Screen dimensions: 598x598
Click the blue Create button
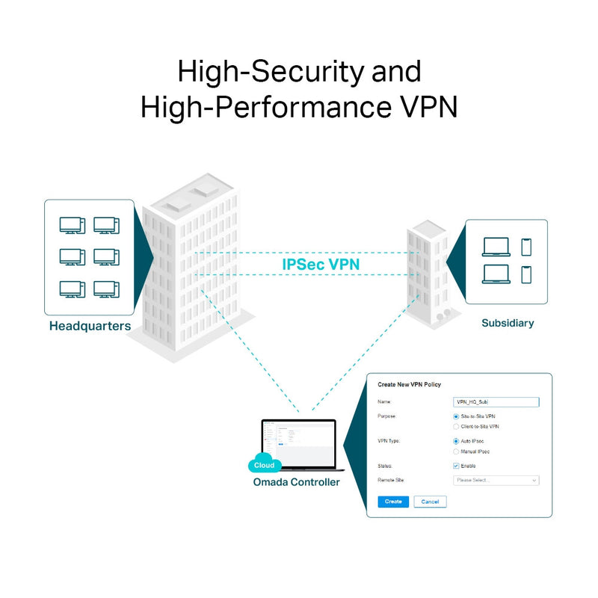[393, 502]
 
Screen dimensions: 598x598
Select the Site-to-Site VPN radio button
[456, 416]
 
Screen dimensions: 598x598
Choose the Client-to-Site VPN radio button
[456, 426]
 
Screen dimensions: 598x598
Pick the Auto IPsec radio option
[456, 441]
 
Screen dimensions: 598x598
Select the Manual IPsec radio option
[456, 451]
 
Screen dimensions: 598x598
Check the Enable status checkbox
[456, 466]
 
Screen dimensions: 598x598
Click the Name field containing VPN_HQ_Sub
[496, 402]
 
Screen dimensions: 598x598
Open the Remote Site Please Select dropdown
[496, 481]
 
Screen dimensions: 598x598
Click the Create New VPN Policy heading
[409, 385]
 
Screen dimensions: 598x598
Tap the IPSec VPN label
[321, 264]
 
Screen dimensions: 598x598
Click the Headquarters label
[90, 327]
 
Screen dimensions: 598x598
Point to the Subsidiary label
[508, 324]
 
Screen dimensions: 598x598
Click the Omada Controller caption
[296, 482]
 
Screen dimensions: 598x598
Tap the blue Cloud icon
[264, 463]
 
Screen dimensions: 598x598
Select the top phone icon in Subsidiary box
[526, 247]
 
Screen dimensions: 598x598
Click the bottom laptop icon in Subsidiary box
[496, 274]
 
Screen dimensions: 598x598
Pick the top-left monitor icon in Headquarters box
[72, 224]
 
